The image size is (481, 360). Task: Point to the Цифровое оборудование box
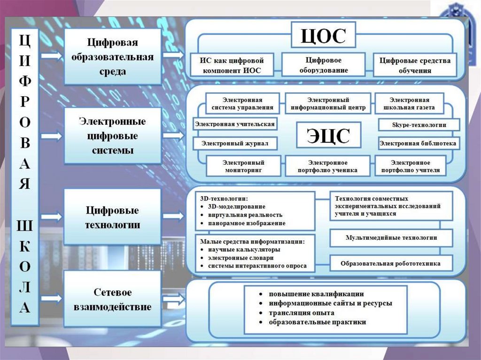(323, 65)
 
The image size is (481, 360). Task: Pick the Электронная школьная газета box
(409, 104)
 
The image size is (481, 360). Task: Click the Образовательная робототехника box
(391, 263)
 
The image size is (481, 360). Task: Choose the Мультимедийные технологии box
(391, 237)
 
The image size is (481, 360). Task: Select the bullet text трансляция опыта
(301, 313)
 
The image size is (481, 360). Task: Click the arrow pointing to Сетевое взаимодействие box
(51, 298)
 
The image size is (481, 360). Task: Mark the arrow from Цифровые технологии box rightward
(174, 216)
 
